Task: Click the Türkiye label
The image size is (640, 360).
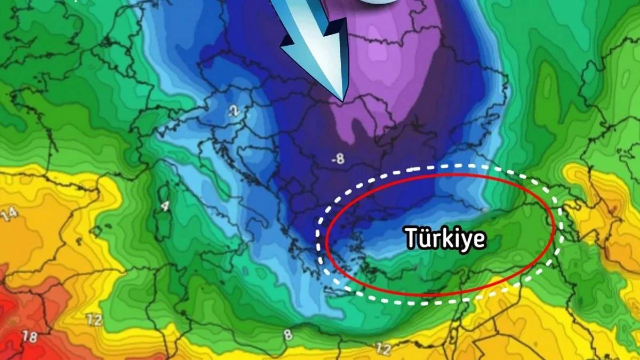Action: tap(445, 238)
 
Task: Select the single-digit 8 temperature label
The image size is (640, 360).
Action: tap(289, 334)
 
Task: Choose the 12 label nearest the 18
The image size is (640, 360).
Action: tap(95, 321)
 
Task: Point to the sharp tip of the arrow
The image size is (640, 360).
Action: tap(342, 100)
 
